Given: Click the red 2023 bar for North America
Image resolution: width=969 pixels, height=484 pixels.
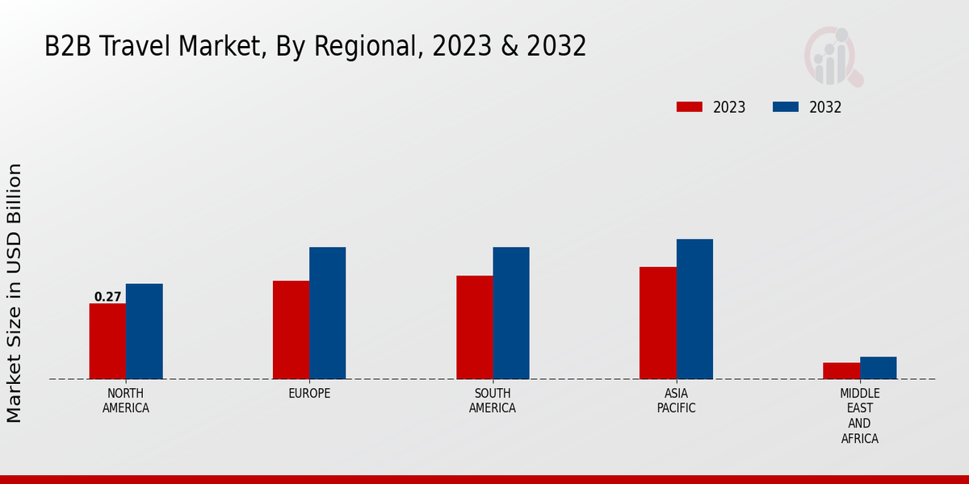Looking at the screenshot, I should point(107,341).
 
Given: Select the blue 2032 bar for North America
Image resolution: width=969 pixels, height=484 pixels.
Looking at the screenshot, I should point(144,332).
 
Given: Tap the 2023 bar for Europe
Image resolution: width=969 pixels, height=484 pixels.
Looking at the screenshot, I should point(291,330).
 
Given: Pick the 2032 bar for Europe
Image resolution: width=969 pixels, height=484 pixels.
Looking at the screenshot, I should point(327,313).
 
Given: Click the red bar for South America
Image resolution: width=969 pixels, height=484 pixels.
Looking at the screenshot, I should point(474,328).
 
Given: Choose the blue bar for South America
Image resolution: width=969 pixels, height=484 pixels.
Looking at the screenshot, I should point(511,313).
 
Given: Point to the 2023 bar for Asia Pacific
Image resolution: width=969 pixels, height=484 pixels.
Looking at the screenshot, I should point(657,323).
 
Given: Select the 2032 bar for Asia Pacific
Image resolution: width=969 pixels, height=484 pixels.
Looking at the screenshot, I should point(694,309).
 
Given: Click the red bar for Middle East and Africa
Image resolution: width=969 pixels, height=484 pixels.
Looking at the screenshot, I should point(841,371).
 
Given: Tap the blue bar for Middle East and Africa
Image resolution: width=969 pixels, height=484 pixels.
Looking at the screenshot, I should point(878,368).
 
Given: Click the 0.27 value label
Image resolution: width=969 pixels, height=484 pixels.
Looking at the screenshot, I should point(107,297).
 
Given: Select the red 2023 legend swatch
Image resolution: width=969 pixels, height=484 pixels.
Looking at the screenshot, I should point(689,107).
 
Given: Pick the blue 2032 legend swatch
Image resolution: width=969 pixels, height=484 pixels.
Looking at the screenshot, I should point(785,107).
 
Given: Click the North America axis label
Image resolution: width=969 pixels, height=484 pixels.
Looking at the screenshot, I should point(125,400).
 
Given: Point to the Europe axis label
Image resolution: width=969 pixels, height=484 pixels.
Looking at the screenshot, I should point(309,394).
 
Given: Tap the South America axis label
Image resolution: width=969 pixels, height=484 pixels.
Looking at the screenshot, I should point(493,400).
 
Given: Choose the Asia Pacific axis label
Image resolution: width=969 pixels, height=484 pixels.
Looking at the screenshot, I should point(676,400).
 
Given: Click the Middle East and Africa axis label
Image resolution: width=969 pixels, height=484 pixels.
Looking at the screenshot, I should point(859,415).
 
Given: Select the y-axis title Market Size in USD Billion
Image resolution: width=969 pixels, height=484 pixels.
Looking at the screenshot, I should point(15,293).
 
